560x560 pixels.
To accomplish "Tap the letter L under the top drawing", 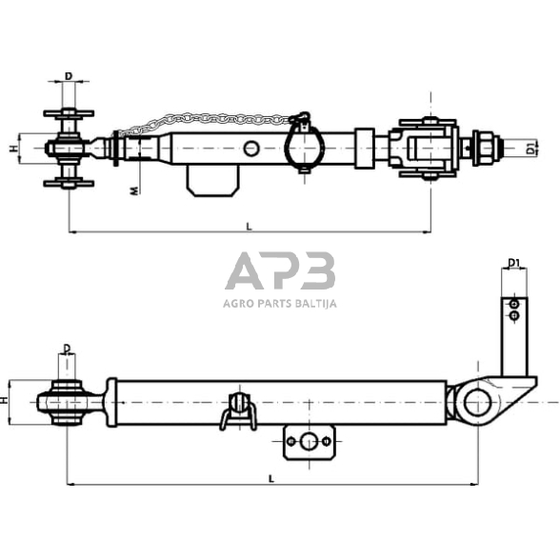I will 249,225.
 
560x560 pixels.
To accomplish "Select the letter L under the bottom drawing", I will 271,478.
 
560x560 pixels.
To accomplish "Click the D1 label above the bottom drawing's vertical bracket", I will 514,263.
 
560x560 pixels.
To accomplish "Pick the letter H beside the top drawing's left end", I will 12,149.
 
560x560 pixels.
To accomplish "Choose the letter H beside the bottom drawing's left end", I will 8,402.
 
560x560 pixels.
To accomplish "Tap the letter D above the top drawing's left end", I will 69,75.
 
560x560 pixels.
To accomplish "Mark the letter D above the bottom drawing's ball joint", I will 67,349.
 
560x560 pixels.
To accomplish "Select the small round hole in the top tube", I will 251,149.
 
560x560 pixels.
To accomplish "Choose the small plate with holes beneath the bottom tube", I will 310,442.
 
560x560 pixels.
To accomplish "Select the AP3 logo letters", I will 280,272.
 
